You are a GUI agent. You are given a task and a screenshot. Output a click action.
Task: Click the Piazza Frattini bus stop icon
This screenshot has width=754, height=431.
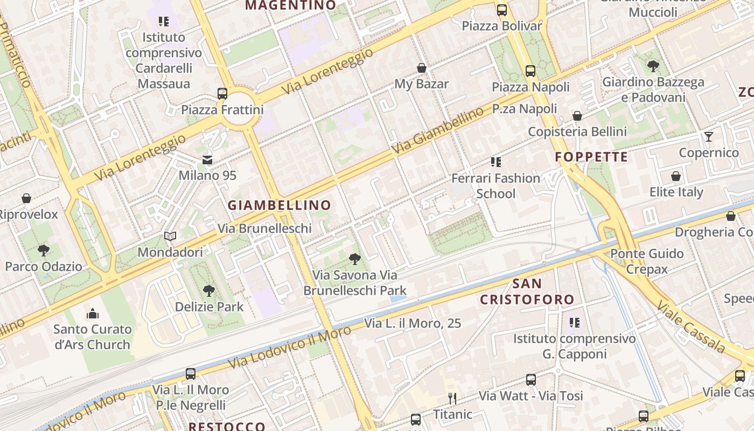[x=222, y=93]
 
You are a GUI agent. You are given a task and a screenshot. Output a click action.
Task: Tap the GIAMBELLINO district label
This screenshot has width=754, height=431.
[x=279, y=205]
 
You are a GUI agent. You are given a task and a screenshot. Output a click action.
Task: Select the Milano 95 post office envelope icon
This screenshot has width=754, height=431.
[x=207, y=160]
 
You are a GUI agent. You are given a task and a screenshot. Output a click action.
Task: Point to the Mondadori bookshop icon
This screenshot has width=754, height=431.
[x=170, y=237]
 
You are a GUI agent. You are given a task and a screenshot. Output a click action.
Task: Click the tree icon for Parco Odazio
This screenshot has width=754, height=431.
[x=44, y=250]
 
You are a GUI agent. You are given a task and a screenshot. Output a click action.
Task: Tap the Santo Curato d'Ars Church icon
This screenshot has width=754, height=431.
[x=93, y=313]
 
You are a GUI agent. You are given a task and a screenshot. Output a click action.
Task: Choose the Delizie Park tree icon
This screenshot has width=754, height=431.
[x=209, y=291]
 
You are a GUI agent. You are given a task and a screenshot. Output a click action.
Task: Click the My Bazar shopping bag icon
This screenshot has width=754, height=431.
[x=422, y=68]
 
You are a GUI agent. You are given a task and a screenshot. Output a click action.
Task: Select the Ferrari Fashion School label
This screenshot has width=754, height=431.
[x=495, y=186]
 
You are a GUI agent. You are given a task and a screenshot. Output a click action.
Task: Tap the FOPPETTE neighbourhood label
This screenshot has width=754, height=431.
[x=591, y=157]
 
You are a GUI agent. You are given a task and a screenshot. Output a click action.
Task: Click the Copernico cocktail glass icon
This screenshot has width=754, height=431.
[x=709, y=137]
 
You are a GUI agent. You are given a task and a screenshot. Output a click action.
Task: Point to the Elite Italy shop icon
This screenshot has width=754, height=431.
[x=676, y=176]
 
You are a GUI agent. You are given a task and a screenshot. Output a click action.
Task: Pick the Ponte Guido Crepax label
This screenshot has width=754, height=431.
[x=647, y=261]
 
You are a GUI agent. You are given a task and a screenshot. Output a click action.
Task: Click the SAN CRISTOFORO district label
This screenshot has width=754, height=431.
[x=527, y=291]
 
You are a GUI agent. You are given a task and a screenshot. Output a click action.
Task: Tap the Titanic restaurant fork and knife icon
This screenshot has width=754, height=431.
[x=452, y=399]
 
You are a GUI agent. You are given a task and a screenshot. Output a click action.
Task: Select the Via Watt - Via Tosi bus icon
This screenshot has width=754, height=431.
[x=531, y=380]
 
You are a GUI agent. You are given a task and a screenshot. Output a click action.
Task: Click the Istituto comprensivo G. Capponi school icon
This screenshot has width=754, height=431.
[x=575, y=323]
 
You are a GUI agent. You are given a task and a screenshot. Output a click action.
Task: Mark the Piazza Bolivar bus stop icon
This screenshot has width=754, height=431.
[x=502, y=10]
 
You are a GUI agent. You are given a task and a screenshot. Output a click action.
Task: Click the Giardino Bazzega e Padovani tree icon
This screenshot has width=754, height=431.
[x=653, y=66]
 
